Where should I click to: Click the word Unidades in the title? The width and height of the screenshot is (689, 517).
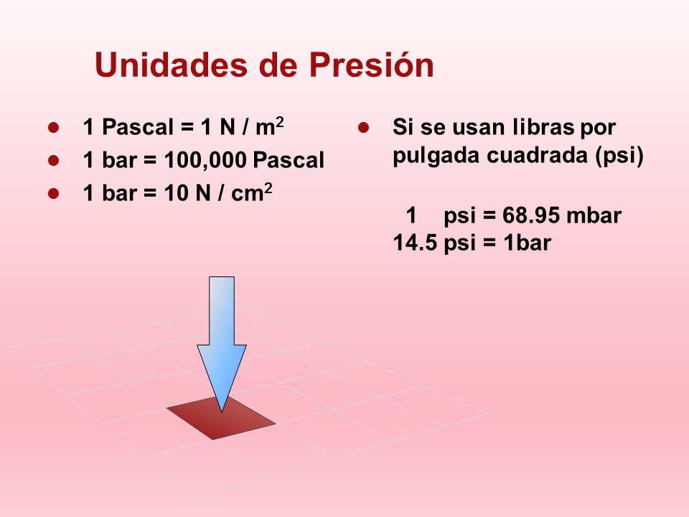point(172,65)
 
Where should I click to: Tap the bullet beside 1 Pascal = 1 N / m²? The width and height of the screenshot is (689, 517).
point(54,128)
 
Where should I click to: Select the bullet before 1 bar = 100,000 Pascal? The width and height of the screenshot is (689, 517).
point(54,160)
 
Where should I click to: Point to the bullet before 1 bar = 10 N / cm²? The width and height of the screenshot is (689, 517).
point(54,193)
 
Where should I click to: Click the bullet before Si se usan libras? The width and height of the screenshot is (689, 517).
point(363,128)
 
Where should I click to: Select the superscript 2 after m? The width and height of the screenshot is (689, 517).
point(280,122)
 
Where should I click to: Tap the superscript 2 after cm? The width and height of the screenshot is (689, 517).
point(268,187)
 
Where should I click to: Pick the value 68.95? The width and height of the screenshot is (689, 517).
point(531,215)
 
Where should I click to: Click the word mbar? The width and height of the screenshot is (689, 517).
point(594,215)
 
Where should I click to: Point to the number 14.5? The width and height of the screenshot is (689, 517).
point(416,243)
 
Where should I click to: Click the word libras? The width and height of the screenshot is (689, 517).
point(543,127)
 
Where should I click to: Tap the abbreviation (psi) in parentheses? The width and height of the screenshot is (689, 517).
point(619,156)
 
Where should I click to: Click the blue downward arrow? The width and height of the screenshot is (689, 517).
point(222,344)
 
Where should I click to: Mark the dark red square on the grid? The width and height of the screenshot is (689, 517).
point(221,417)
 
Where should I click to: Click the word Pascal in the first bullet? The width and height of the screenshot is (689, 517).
point(138,127)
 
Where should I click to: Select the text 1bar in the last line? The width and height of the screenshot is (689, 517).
point(527,243)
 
